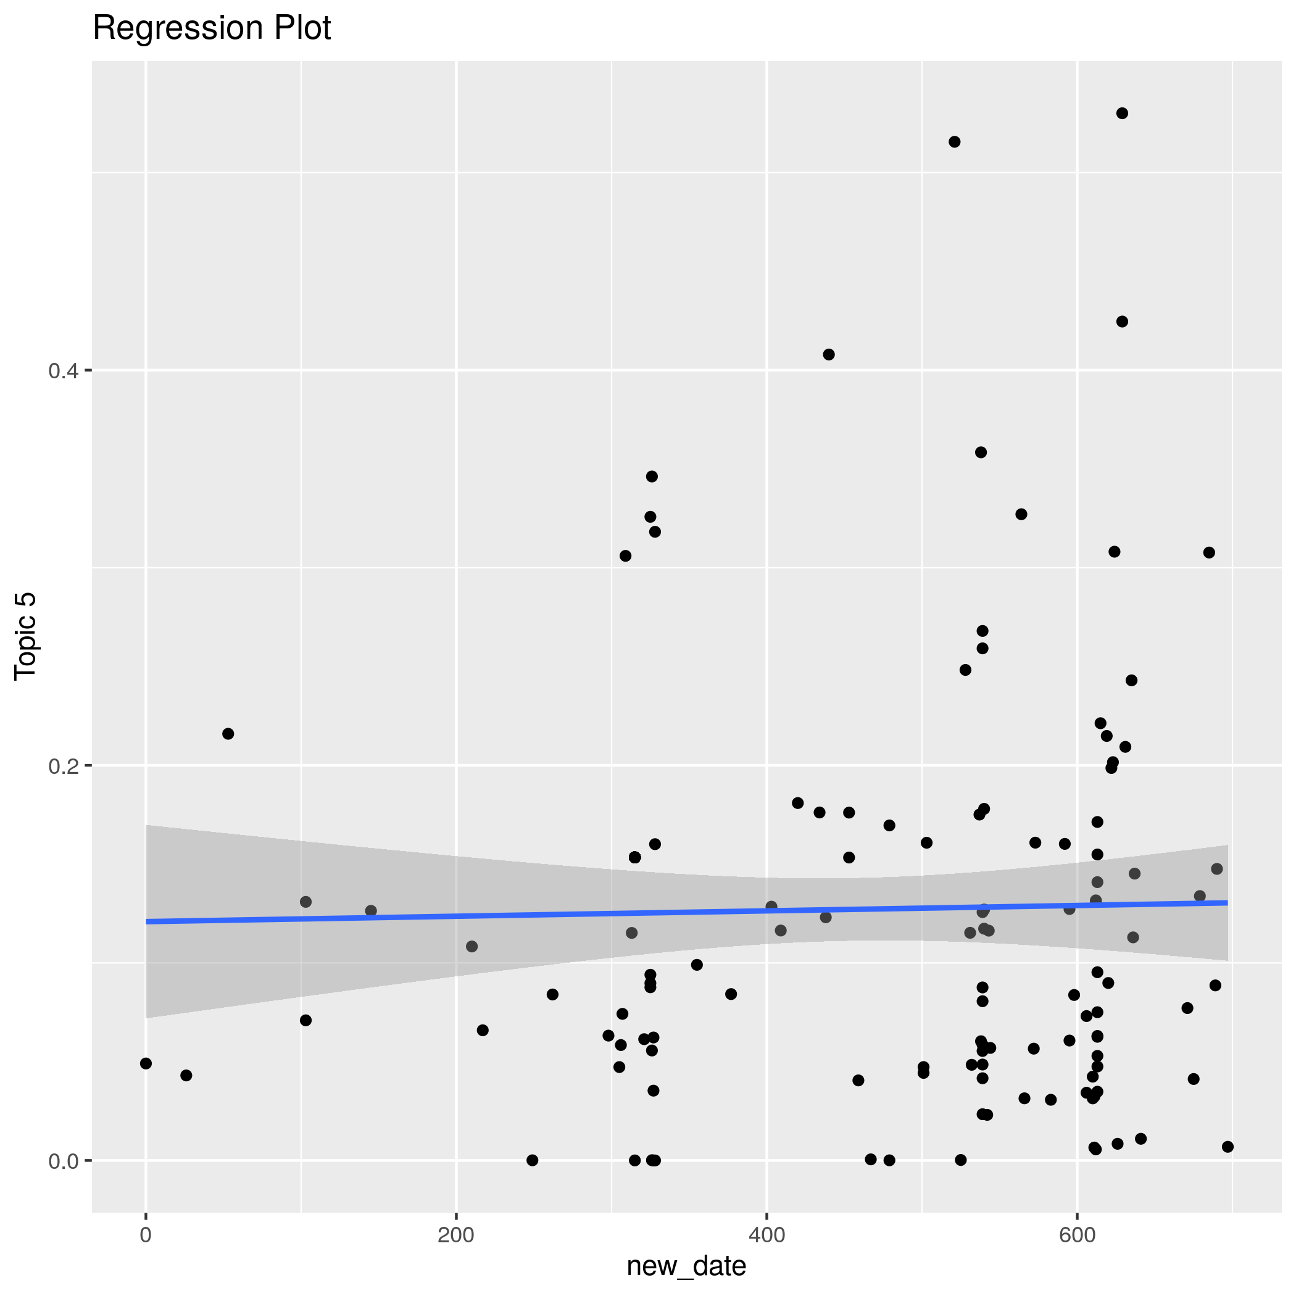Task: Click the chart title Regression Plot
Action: [x=211, y=28]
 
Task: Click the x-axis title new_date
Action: [x=686, y=1266]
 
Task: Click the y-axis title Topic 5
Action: [x=25, y=636]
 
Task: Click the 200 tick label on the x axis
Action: [x=455, y=1236]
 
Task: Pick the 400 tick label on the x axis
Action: [x=766, y=1236]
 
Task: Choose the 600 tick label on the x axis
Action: [x=1077, y=1236]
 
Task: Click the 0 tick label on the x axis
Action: [x=146, y=1236]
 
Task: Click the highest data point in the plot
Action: [x=1122, y=114]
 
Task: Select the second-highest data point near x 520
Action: [x=955, y=141]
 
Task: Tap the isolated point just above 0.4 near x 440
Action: [x=828, y=354]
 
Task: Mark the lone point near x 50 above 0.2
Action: [x=228, y=734]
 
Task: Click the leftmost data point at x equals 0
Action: [x=146, y=1063]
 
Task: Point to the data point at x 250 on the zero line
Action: [x=533, y=1160]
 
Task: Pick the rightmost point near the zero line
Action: [x=1227, y=1147]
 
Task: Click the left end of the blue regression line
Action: [x=147, y=921]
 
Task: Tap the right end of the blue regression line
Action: [x=1226, y=903]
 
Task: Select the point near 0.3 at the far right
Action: [x=1209, y=553]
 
